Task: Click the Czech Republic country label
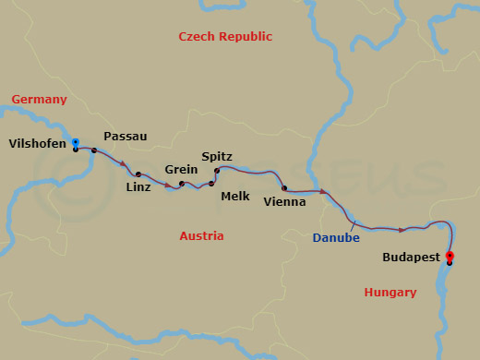pyautogui.click(x=226, y=37)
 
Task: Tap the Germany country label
pyautogui.click(x=39, y=100)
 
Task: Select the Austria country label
pyautogui.click(x=201, y=236)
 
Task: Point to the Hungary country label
pyautogui.click(x=390, y=293)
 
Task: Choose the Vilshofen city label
pyautogui.click(x=38, y=143)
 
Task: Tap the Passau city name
pyautogui.click(x=126, y=137)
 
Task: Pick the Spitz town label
pyautogui.click(x=218, y=157)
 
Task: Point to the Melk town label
pyautogui.click(x=234, y=197)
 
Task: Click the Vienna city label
pyautogui.click(x=284, y=201)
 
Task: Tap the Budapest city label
pyautogui.click(x=412, y=258)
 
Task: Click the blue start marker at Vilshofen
pyautogui.click(x=75, y=142)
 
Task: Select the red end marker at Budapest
pyautogui.click(x=450, y=256)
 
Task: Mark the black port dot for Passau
pyautogui.click(x=94, y=150)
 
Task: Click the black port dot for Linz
pyautogui.click(x=138, y=174)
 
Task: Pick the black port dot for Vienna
pyautogui.click(x=284, y=188)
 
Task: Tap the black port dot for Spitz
pyautogui.click(x=217, y=171)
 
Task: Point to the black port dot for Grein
pyautogui.click(x=182, y=184)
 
